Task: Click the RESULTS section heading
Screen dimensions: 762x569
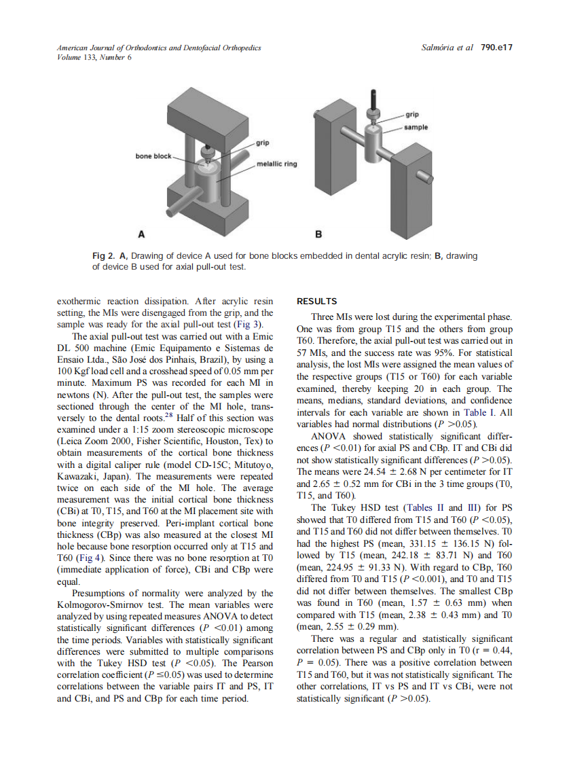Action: (x=317, y=301)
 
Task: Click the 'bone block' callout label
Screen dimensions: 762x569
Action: (x=153, y=156)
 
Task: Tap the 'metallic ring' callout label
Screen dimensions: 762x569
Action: (x=276, y=164)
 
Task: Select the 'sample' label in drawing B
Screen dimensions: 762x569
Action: (x=416, y=127)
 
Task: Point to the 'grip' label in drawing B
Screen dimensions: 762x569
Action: (x=412, y=115)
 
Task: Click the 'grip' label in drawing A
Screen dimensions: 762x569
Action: (x=263, y=143)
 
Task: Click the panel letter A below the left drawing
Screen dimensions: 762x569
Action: (x=141, y=234)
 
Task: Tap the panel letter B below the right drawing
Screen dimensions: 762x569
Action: (x=318, y=234)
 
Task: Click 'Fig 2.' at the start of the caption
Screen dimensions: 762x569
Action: (x=104, y=256)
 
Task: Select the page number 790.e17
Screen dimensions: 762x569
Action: (x=496, y=48)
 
